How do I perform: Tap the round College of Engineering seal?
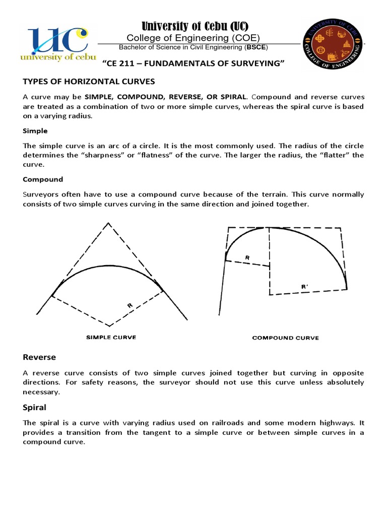tap(332, 46)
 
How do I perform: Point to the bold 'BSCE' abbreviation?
tap(256, 47)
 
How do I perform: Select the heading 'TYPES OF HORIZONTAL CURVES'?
tap(89, 81)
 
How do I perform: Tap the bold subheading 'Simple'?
tap(35, 131)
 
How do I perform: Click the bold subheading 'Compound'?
tap(43, 179)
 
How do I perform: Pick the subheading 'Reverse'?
tap(39, 357)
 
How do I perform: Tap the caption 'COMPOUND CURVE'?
tap(285, 338)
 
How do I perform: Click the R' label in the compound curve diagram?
tap(304, 286)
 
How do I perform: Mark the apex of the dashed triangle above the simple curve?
tap(107, 223)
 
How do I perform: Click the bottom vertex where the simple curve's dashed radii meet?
tap(109, 326)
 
